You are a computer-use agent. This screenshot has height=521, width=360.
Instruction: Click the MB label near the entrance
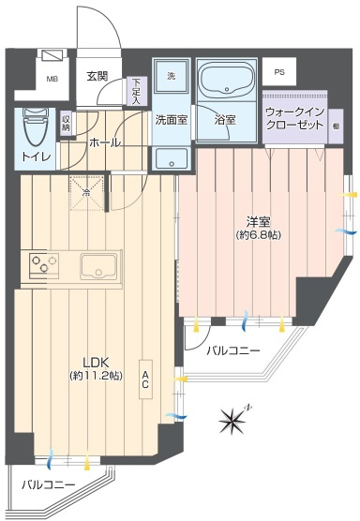pyautogui.click(x=52, y=80)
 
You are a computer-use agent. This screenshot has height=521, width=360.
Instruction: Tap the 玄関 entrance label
pyautogui.click(x=97, y=77)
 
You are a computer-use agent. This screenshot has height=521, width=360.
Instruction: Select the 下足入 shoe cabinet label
pyautogui.click(x=137, y=90)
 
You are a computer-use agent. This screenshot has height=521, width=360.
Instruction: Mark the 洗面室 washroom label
pyautogui.click(x=172, y=120)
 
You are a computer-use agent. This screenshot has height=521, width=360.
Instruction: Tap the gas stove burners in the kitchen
pyautogui.click(x=43, y=264)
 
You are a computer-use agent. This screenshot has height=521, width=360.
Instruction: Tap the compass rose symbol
pyautogui.click(x=233, y=419)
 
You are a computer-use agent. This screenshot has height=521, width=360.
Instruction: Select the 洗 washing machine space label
pyautogui.click(x=172, y=76)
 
